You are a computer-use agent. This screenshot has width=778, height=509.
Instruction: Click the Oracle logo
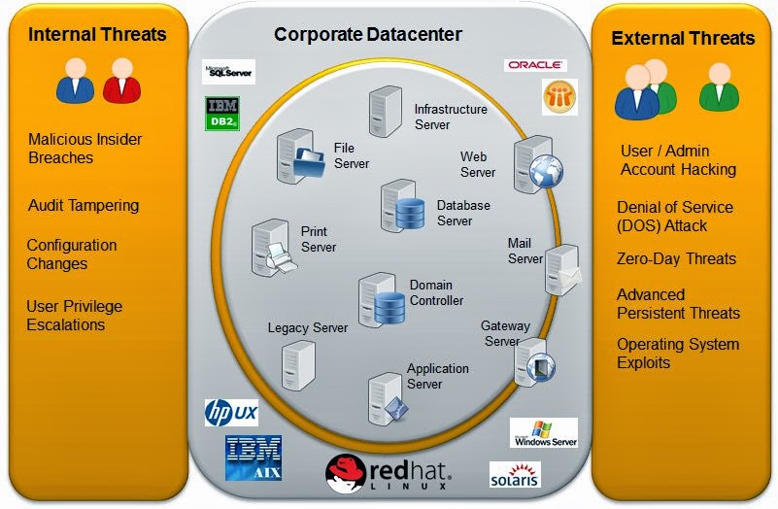click(534, 65)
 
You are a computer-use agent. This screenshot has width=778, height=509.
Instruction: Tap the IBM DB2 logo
click(222, 114)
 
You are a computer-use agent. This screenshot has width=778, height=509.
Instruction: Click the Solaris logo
click(515, 475)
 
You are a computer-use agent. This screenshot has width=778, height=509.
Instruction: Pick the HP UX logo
click(231, 412)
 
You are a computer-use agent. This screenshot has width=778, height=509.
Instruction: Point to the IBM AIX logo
click(253, 458)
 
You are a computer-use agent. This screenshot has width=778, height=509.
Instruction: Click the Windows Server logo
click(544, 432)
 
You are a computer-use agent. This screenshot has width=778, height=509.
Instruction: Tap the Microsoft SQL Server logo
click(228, 72)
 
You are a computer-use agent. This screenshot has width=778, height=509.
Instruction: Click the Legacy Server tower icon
click(297, 365)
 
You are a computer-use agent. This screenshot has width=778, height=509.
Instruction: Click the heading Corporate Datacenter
click(368, 35)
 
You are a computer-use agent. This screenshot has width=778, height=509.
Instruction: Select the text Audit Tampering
click(84, 206)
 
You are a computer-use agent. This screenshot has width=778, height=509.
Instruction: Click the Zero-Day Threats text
click(676, 259)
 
